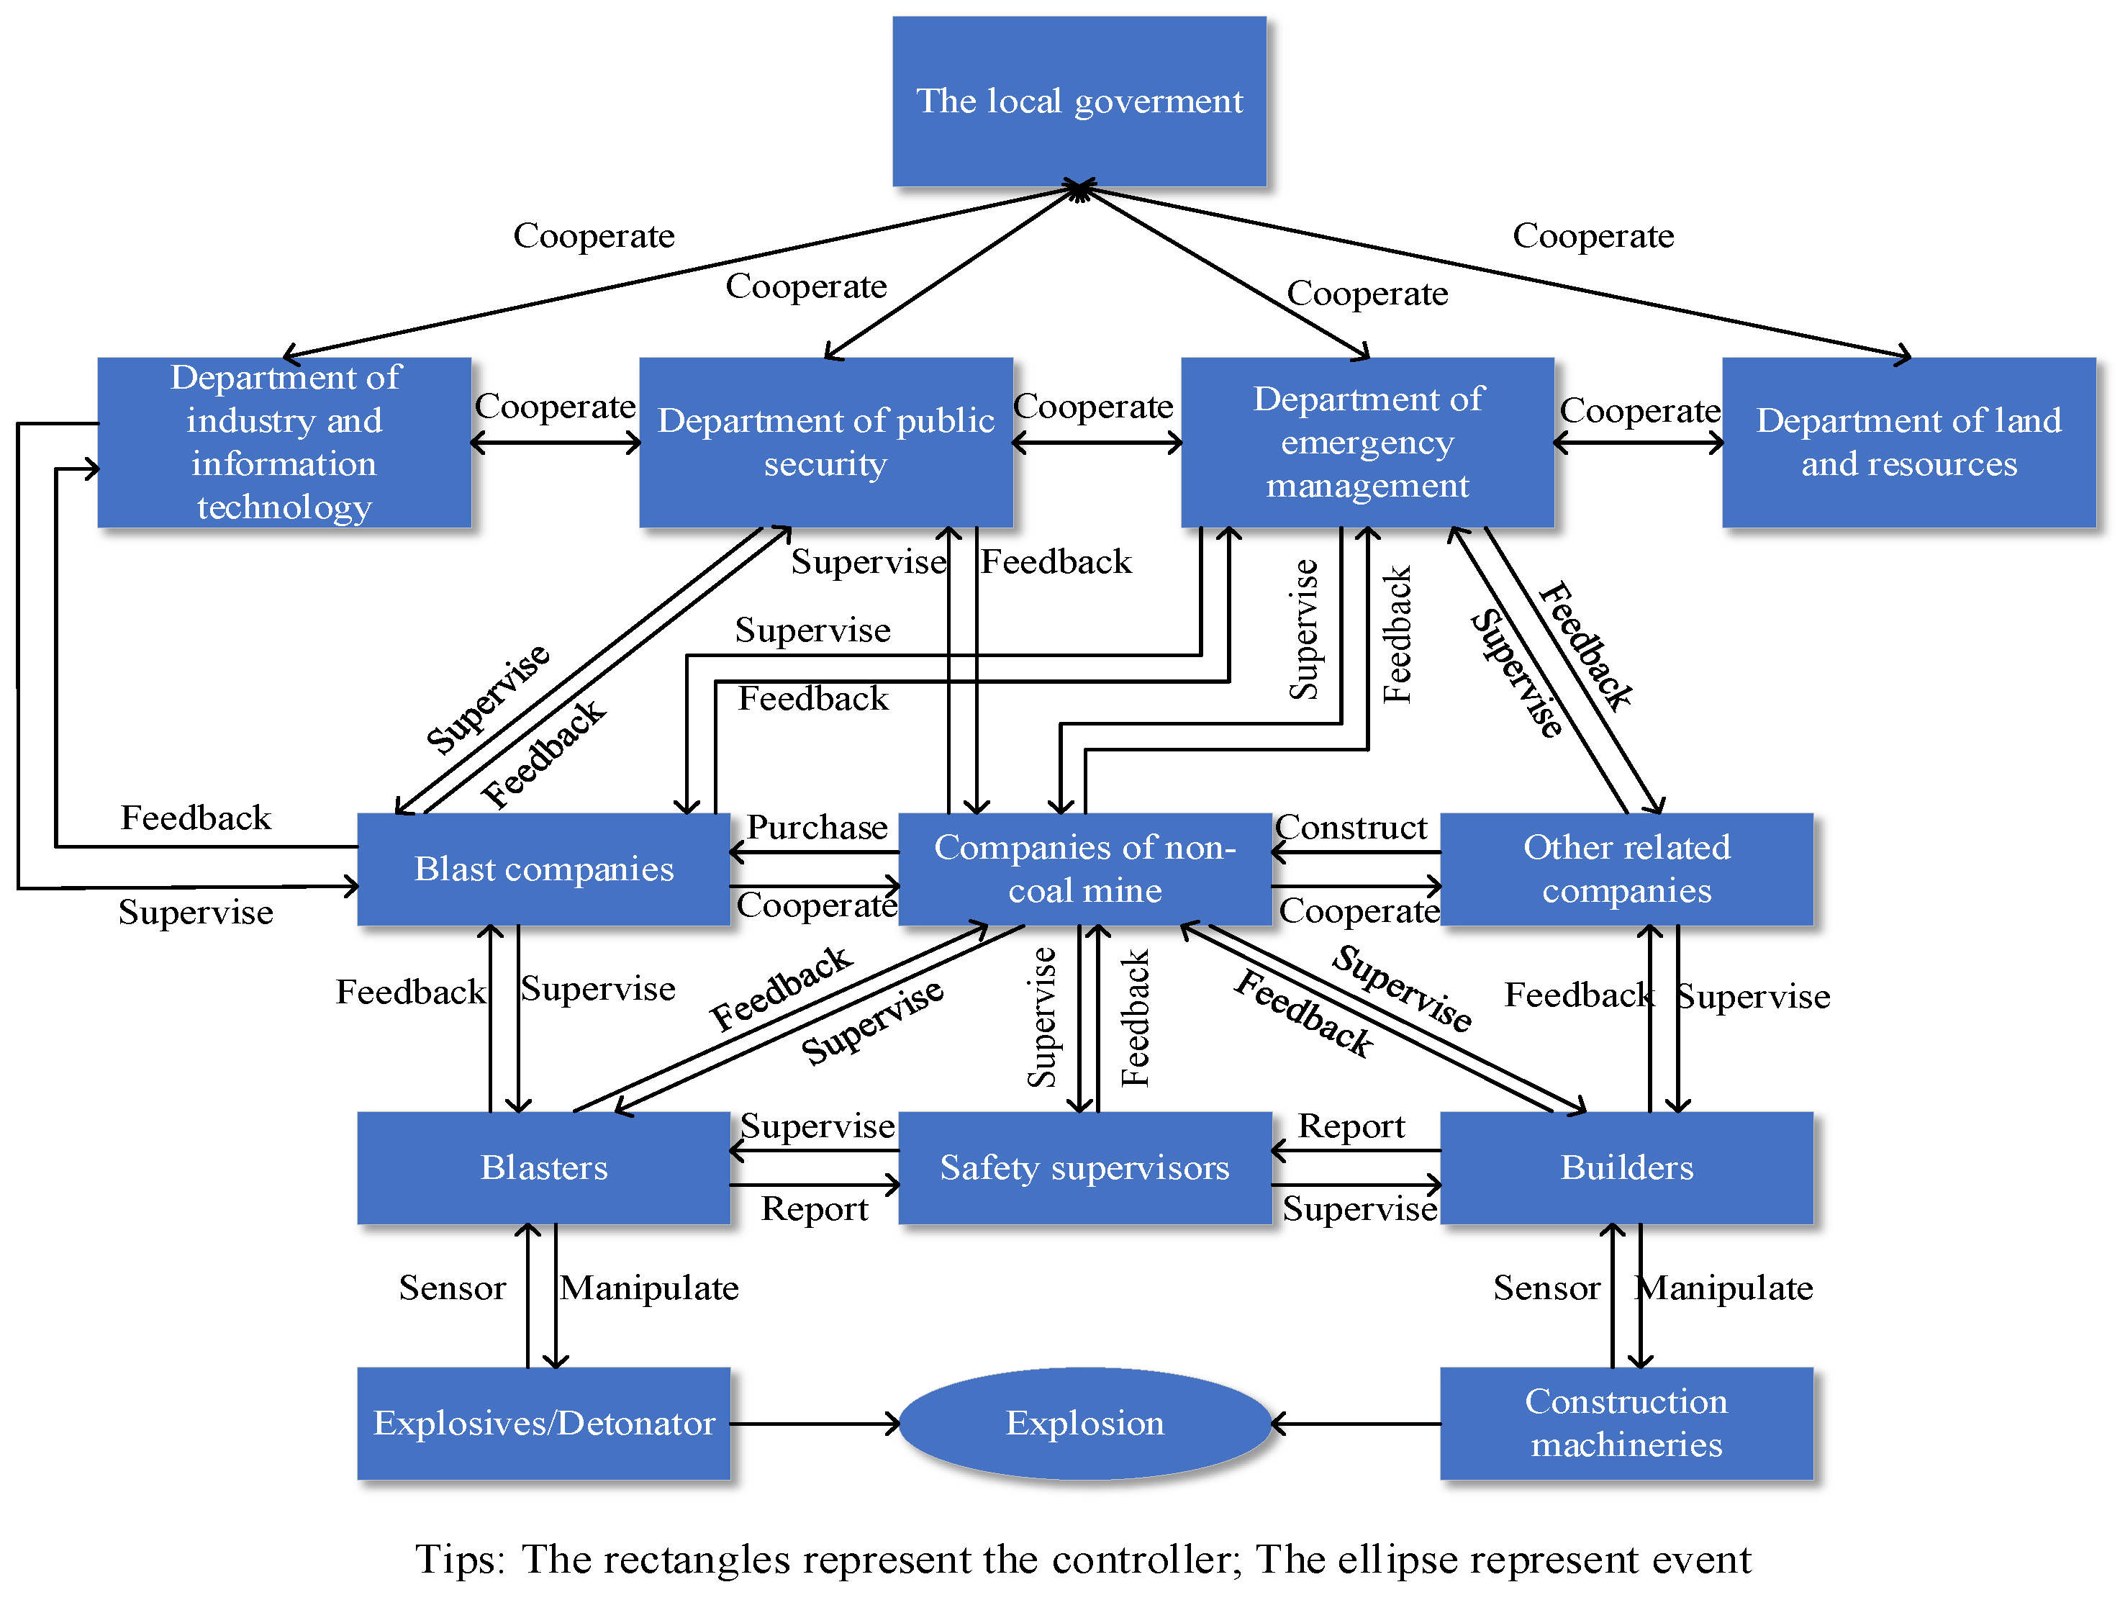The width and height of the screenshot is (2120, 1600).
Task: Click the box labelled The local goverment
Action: pos(1079,101)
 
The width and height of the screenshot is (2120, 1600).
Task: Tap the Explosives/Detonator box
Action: pos(543,1423)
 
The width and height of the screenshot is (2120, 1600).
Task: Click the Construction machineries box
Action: pos(1626,1423)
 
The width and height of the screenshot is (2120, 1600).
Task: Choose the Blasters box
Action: pos(543,1167)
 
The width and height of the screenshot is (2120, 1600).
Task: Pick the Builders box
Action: pos(1626,1167)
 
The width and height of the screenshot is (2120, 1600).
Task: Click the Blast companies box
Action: pos(543,869)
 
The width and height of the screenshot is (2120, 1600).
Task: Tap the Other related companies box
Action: pos(1626,869)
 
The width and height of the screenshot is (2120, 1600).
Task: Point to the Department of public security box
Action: pos(825,442)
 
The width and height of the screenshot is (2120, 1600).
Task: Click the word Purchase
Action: pos(817,827)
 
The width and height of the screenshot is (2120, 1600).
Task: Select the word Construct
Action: pos(1351,827)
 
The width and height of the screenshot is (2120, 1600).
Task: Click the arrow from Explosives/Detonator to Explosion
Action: pos(815,1424)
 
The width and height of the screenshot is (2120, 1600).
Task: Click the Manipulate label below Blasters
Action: pos(649,1288)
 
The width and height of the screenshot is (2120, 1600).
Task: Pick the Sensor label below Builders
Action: pos(1546,1288)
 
